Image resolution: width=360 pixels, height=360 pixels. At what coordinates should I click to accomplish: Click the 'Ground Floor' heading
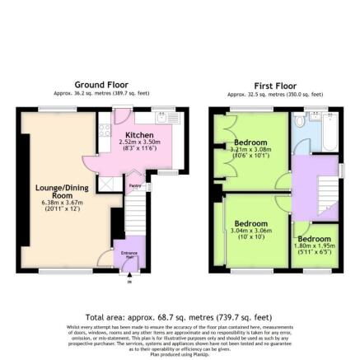pyautogui.click(x=101, y=85)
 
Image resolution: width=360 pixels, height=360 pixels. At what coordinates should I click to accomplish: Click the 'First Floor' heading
pyautogui.click(x=274, y=86)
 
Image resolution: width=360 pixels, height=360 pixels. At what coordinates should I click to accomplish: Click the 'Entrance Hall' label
pyautogui.click(x=129, y=253)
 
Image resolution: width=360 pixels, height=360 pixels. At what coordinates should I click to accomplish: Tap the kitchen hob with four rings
pyautogui.click(x=105, y=129)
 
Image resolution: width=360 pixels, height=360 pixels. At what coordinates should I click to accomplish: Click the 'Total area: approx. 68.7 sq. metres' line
pyautogui.click(x=178, y=316)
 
